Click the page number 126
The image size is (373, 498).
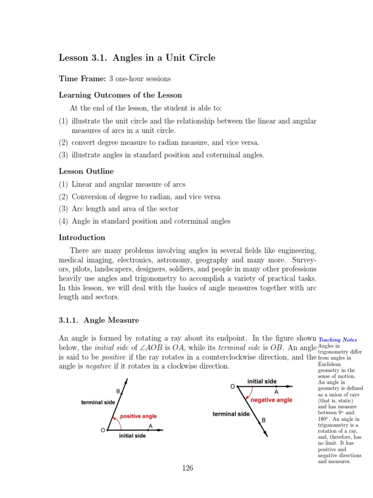pos(187,468)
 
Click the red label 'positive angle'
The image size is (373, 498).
pos(138,416)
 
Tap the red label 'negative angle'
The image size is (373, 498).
pos(271,400)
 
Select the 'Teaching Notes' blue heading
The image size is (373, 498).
pos(338,340)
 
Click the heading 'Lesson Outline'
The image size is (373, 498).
pos(86,171)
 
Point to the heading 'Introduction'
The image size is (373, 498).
pos(82,238)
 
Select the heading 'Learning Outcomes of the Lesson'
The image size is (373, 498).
pos(120,95)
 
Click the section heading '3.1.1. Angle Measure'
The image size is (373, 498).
pos(99,320)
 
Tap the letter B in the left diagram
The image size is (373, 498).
pos(118,391)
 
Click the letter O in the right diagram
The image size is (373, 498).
pos(233,386)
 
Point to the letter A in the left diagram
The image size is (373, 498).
pos(151,426)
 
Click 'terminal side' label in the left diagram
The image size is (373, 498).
pos(98,402)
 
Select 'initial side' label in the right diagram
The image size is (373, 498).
pos(262,381)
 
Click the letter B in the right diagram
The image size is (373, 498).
pos(264,420)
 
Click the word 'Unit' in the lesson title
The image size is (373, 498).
pos(172,58)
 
